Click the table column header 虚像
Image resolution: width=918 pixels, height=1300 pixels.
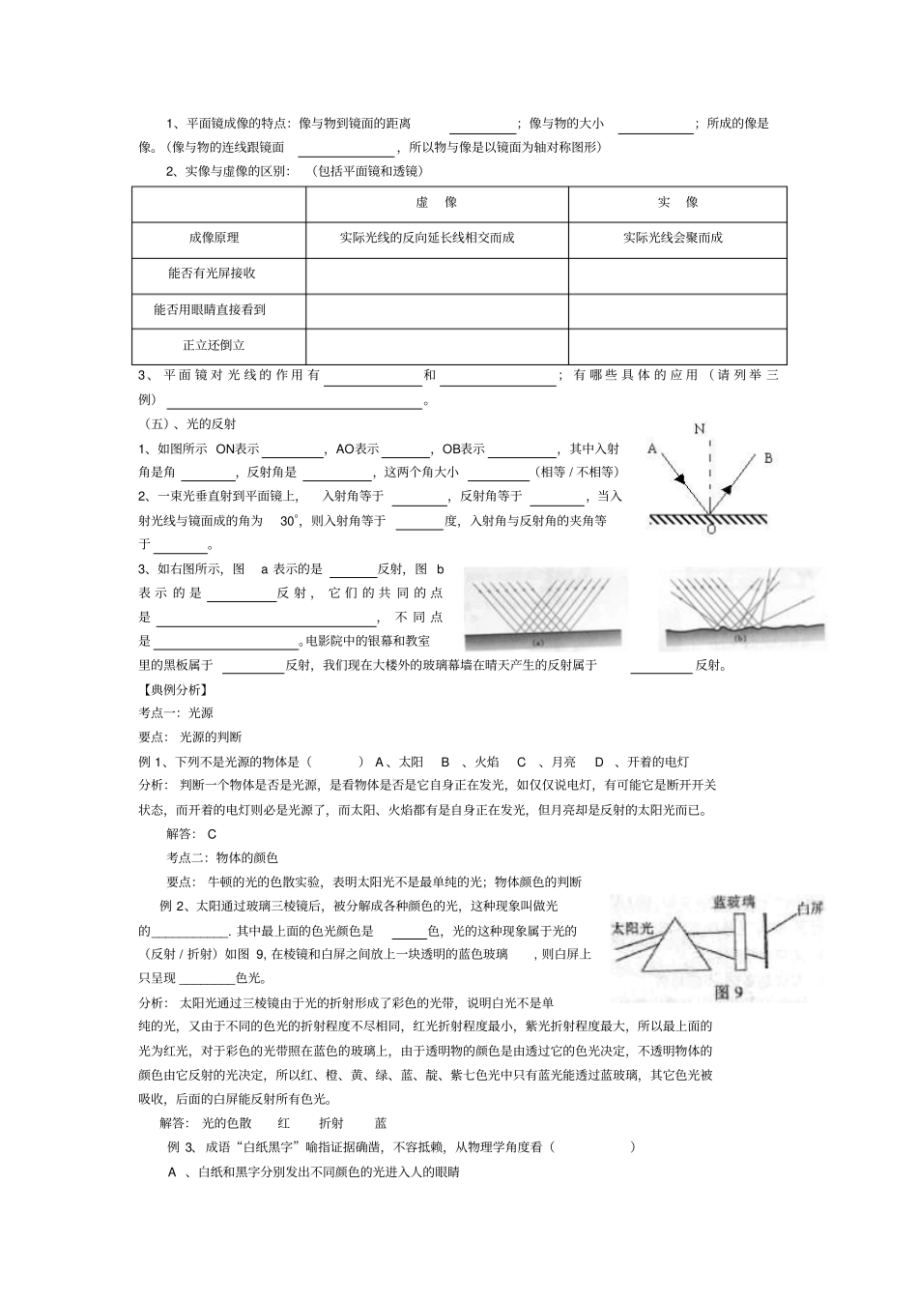click(x=437, y=202)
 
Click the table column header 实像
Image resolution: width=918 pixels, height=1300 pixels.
click(x=677, y=202)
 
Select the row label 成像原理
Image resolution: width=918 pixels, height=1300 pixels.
click(x=215, y=237)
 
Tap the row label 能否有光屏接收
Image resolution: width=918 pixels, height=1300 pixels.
click(x=213, y=273)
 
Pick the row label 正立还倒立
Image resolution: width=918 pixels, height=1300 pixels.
click(x=215, y=344)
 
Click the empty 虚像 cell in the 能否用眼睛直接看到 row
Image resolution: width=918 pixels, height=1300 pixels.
click(x=437, y=310)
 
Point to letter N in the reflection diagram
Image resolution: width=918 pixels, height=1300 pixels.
click(x=699, y=429)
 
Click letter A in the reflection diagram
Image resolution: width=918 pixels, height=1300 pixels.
click(x=651, y=448)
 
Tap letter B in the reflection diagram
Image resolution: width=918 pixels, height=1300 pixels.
click(x=768, y=458)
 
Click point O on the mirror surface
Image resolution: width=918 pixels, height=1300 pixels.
click(x=710, y=528)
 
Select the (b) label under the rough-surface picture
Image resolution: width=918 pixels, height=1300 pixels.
click(x=741, y=639)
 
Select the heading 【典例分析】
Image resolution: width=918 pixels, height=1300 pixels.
click(x=175, y=689)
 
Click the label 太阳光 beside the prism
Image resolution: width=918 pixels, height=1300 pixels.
click(x=633, y=927)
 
